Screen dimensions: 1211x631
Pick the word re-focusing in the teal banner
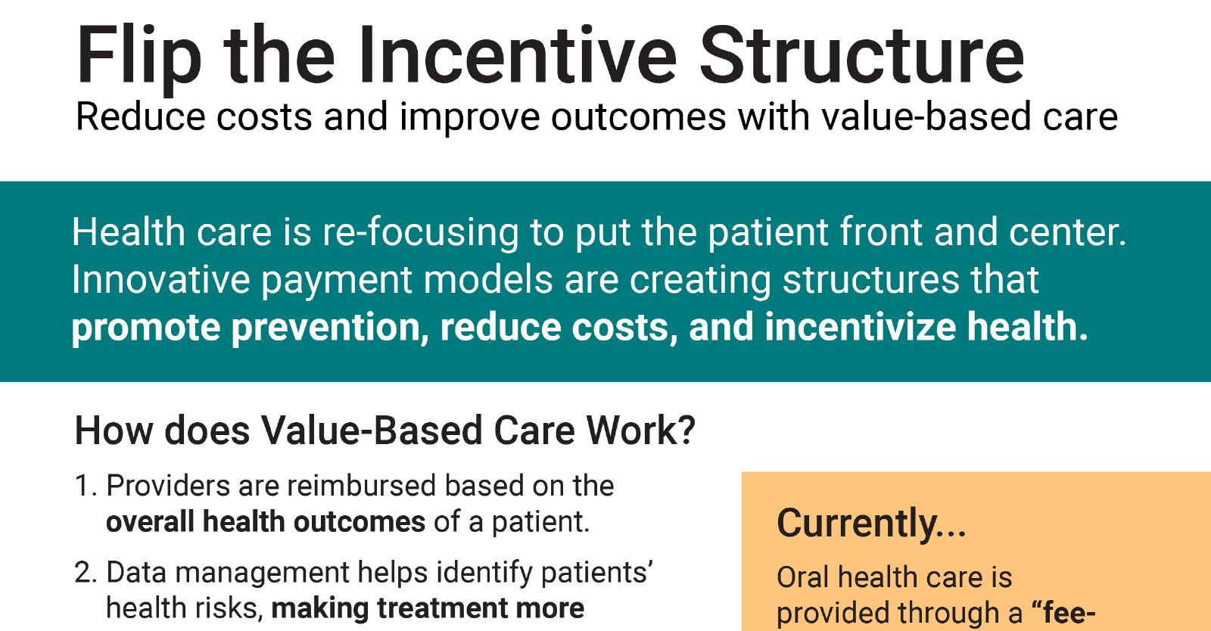pos(420,233)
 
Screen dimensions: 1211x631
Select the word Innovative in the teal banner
pos(160,279)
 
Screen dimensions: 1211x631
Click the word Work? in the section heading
pos(641,431)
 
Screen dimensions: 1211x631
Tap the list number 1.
pos(86,486)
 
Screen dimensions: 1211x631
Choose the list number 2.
pos(86,573)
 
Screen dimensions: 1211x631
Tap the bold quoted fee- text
pos(1063,613)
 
